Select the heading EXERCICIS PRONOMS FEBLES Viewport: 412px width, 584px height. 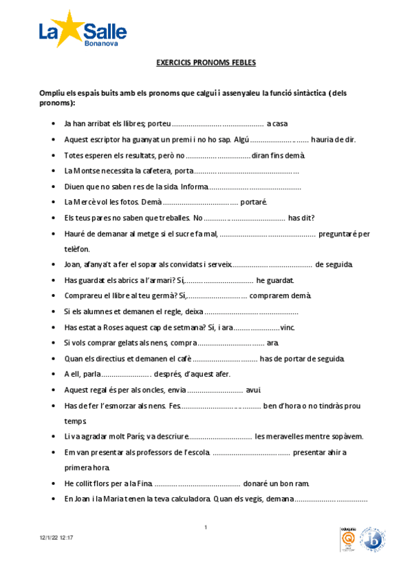[x=206, y=63]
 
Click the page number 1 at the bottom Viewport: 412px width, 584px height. [x=206, y=528]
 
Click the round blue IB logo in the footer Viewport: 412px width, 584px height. [x=372, y=539]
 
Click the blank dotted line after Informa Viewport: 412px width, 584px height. [x=254, y=186]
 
